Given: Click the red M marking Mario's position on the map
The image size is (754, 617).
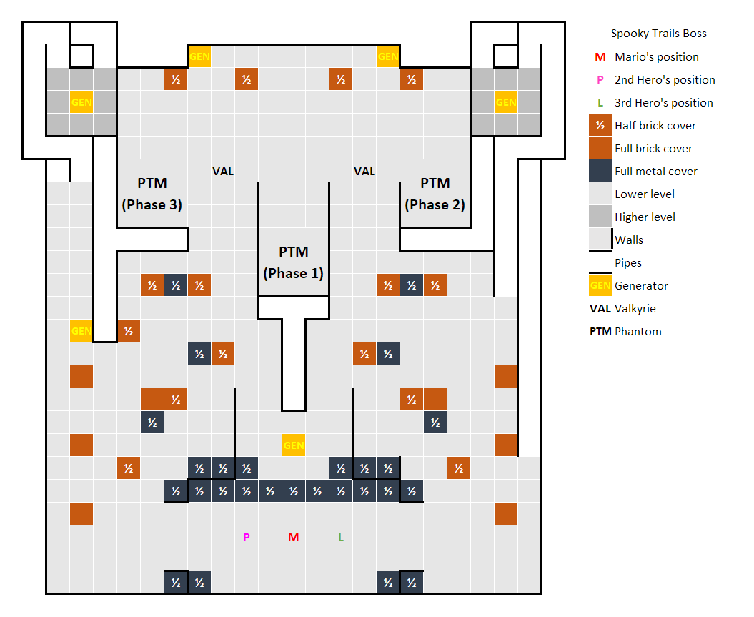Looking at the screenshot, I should click(293, 538).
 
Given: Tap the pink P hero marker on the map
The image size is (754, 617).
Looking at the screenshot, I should click(247, 538).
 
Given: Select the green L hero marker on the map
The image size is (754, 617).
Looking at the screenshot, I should click(341, 538).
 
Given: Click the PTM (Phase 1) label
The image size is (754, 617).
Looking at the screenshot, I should click(293, 262).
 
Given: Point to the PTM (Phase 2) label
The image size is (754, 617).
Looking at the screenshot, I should click(435, 194).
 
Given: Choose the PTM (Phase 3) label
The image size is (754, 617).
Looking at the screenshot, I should click(152, 194).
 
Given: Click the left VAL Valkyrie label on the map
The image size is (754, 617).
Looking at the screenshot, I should click(223, 172).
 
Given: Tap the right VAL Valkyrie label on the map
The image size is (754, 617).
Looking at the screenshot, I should click(364, 172).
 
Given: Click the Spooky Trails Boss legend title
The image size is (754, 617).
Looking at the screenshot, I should click(658, 34).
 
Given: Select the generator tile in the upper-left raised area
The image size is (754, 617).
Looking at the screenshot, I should click(81, 102).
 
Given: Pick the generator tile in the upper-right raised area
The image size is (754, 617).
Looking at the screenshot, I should click(505, 102).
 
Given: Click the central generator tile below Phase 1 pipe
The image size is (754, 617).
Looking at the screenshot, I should click(294, 445).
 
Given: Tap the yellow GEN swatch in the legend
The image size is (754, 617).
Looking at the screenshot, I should click(600, 286).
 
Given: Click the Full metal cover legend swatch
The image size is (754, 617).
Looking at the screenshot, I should click(600, 172).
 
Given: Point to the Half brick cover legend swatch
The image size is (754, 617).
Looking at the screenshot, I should click(600, 126).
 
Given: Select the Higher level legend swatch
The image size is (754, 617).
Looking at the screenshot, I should click(600, 217).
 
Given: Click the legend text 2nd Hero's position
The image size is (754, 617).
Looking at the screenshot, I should click(665, 80).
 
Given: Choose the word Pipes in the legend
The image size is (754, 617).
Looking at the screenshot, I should click(628, 263).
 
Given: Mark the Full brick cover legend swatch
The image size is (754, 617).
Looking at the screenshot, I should click(600, 149).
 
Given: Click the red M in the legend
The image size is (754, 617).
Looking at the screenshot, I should click(600, 57).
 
